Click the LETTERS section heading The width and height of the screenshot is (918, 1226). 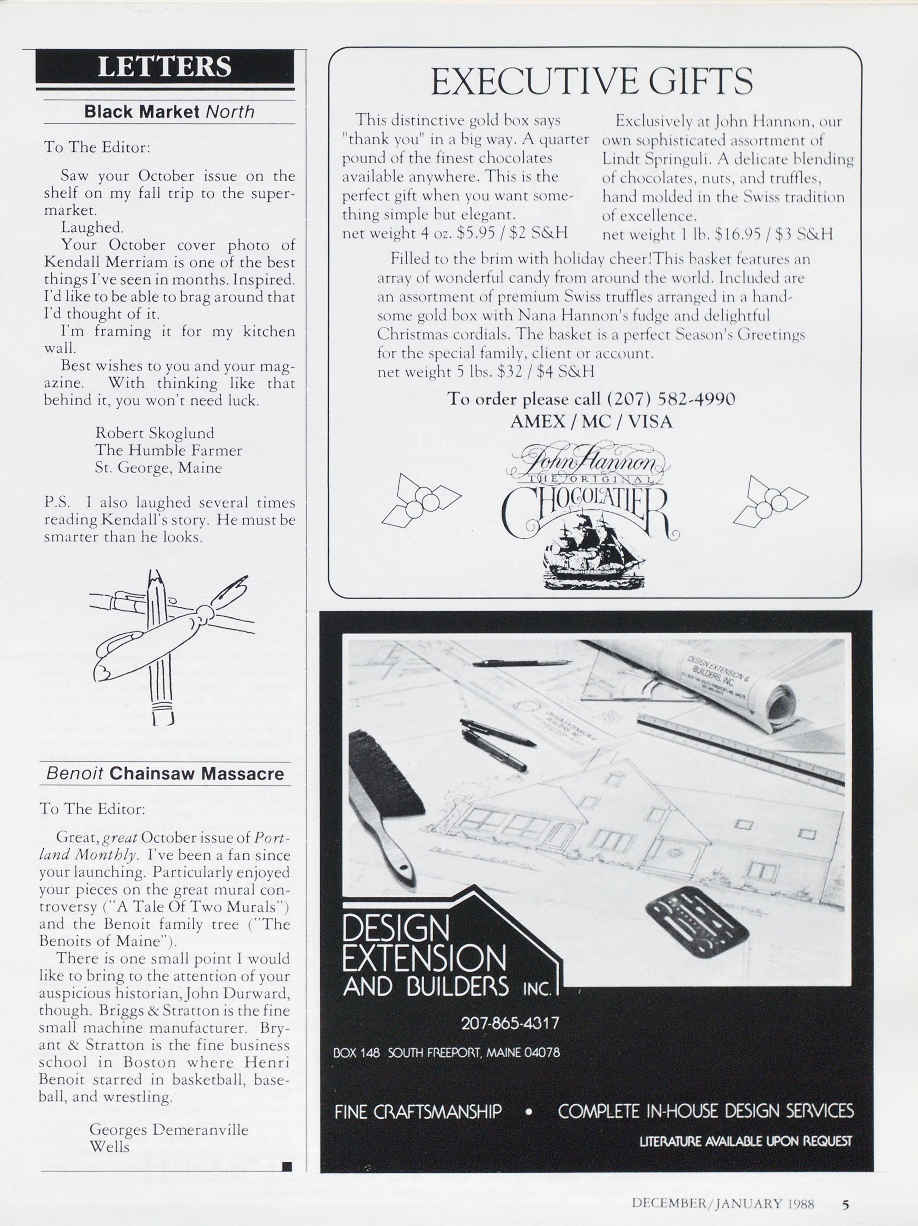tap(164, 67)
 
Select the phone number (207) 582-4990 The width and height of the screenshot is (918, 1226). tap(671, 399)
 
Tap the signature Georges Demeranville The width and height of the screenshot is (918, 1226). tap(169, 1130)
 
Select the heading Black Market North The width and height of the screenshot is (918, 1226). tap(169, 111)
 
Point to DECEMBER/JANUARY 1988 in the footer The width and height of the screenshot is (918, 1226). tap(722, 1204)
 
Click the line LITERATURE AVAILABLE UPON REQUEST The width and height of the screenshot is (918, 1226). tap(745, 1141)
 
